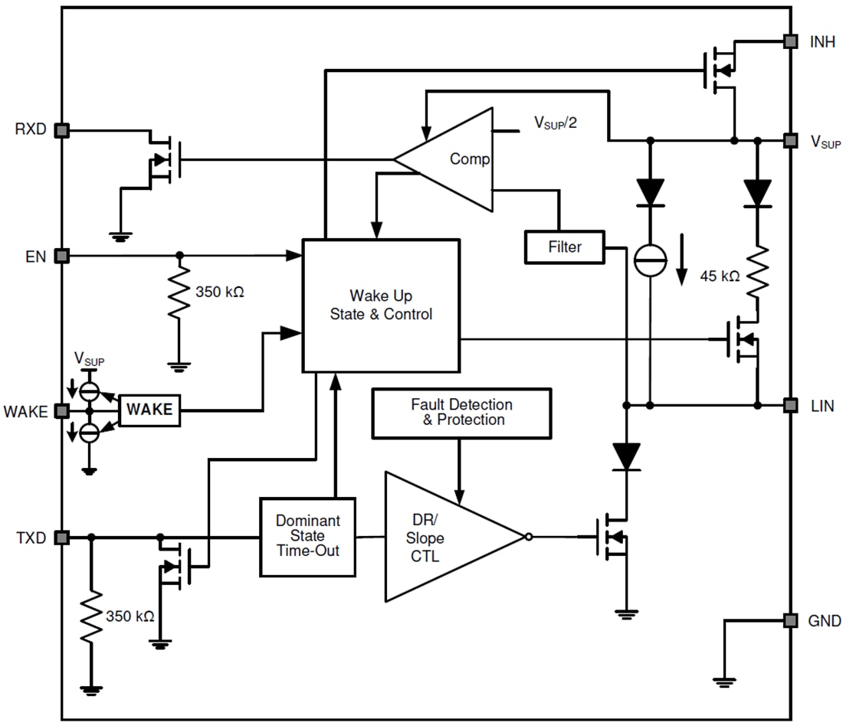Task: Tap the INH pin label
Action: (x=822, y=42)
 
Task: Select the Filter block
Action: (x=564, y=247)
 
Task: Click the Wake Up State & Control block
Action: (x=381, y=305)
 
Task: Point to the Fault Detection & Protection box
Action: (x=461, y=412)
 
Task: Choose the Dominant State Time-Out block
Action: (x=308, y=536)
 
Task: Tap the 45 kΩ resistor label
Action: (x=720, y=276)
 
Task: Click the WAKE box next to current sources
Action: (x=150, y=410)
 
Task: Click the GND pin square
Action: (x=788, y=620)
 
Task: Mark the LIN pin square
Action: (x=788, y=404)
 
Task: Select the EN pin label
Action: (x=35, y=257)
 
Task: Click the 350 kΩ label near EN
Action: (x=220, y=292)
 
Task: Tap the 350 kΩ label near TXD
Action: (x=130, y=616)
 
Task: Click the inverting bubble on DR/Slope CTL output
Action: (x=529, y=537)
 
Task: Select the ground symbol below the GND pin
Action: (x=723, y=680)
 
